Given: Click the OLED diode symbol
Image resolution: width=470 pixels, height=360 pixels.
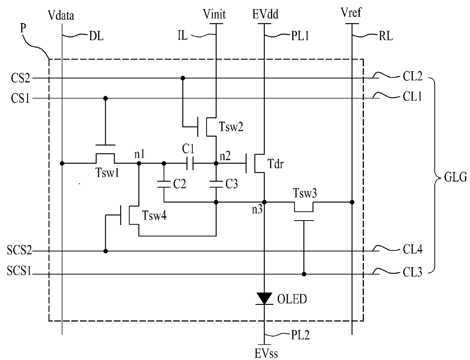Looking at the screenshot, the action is [264, 299].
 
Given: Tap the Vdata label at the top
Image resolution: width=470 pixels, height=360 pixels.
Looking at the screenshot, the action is [61, 16].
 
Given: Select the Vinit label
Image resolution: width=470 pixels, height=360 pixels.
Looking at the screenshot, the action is [214, 14].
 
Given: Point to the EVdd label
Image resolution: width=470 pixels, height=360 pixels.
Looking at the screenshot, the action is [265, 14].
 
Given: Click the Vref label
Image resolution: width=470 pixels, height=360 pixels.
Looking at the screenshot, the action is [351, 13].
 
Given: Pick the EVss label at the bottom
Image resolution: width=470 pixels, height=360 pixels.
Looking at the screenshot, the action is [266, 354].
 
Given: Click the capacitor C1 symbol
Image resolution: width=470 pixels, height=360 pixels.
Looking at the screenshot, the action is [190, 163].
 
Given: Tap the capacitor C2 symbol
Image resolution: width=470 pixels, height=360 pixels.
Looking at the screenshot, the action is [164, 184].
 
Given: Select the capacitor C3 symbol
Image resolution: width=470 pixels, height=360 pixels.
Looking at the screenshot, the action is [216, 184].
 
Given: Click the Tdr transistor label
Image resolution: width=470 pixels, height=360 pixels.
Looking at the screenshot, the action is [275, 164].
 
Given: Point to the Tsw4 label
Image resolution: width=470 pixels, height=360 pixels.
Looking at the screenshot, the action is [154, 215].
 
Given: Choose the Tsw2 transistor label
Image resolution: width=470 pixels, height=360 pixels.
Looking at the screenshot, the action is [231, 127].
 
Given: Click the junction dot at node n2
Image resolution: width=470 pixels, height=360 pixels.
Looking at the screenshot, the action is [216, 163].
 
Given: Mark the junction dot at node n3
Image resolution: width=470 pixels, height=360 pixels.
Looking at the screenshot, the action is [264, 202].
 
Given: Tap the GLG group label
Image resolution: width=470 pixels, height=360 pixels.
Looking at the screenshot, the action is [455, 177].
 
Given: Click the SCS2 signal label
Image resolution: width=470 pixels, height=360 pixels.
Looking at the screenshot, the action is [19, 250].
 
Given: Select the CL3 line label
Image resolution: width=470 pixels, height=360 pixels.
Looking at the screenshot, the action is [412, 272].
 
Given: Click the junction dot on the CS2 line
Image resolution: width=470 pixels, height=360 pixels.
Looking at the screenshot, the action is [183, 78].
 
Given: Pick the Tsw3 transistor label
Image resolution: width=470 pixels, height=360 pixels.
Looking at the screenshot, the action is [305, 193].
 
